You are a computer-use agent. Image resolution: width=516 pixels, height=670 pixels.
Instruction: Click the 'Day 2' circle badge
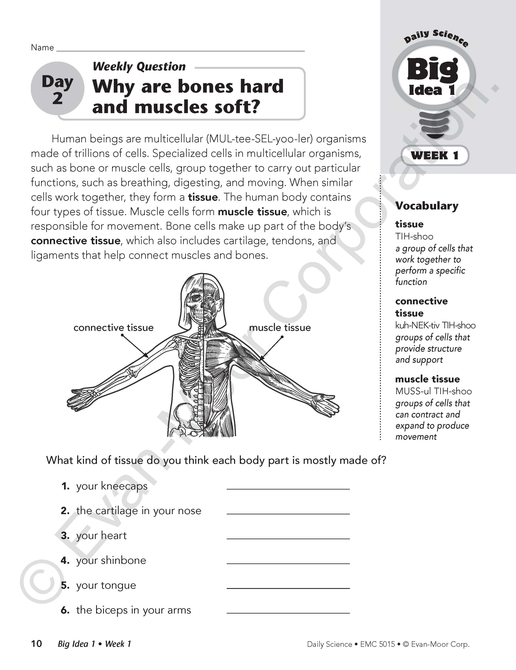click(x=57, y=89)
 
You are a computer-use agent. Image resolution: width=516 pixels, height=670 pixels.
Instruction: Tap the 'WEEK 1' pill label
click(x=435, y=155)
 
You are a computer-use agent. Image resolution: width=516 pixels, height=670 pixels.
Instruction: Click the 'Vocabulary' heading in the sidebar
click(x=427, y=206)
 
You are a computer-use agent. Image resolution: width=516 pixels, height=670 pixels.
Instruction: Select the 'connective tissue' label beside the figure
click(x=114, y=328)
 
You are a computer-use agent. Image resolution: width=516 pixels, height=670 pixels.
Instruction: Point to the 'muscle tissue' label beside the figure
click(x=280, y=328)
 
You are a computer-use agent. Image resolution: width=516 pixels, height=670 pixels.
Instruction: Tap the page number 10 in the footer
click(x=37, y=644)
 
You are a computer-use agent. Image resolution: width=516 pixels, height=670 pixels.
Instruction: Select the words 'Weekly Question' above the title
click(x=139, y=67)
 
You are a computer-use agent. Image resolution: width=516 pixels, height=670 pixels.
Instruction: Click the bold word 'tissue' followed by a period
click(x=202, y=197)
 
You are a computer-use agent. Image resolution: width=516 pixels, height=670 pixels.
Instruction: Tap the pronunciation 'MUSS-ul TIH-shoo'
click(x=433, y=391)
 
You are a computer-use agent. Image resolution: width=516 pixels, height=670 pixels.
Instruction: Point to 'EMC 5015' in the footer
click(x=377, y=644)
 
